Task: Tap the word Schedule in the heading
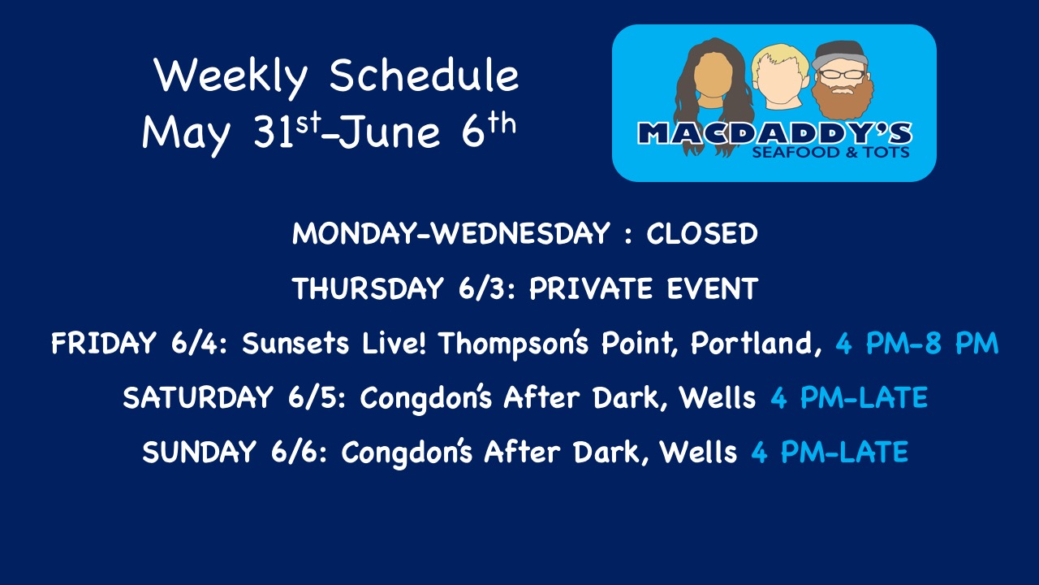click(x=424, y=76)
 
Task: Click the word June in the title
click(x=390, y=132)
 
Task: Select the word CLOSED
click(x=702, y=233)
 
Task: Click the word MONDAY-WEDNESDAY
click(x=451, y=233)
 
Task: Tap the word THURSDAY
click(x=368, y=288)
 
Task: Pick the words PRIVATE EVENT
click(x=644, y=288)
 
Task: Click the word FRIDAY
click(x=103, y=343)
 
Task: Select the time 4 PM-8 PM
click(x=917, y=343)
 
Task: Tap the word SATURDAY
click(x=198, y=397)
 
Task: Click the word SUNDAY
click(x=199, y=452)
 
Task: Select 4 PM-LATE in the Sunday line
click(x=830, y=453)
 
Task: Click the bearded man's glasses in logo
click(x=842, y=74)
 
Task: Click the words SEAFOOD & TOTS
click(x=830, y=152)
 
